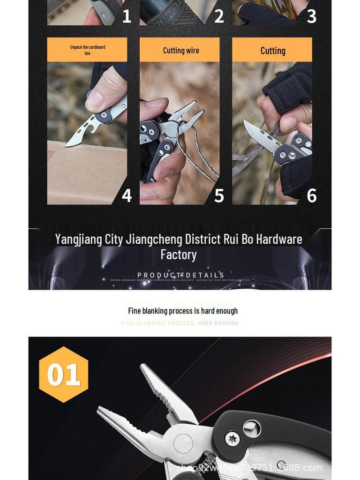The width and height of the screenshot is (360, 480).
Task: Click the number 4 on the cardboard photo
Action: [127, 195]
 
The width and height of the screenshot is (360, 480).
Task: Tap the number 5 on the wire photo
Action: [219, 195]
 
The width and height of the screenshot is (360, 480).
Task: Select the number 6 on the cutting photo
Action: [311, 195]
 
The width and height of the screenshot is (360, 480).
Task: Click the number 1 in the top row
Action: [127, 16]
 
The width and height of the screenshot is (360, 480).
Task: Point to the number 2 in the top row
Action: [219, 16]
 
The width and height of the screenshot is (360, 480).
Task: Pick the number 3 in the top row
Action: [311, 16]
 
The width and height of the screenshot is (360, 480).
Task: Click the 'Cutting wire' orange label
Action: [180, 50]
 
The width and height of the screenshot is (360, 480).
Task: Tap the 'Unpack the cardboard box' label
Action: [87, 50]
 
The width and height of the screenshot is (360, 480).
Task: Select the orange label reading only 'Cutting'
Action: [272, 50]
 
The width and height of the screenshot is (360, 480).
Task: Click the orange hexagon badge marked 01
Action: [63, 375]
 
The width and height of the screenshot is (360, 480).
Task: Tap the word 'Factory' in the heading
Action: [178, 255]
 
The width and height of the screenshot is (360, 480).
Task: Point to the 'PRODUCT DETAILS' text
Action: [180, 275]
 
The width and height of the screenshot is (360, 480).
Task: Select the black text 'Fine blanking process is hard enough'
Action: [183, 311]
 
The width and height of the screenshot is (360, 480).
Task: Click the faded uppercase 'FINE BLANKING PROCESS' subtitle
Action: [158, 323]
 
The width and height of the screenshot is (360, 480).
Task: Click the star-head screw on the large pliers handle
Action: [232, 439]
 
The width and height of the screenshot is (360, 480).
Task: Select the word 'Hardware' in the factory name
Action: [279, 240]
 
